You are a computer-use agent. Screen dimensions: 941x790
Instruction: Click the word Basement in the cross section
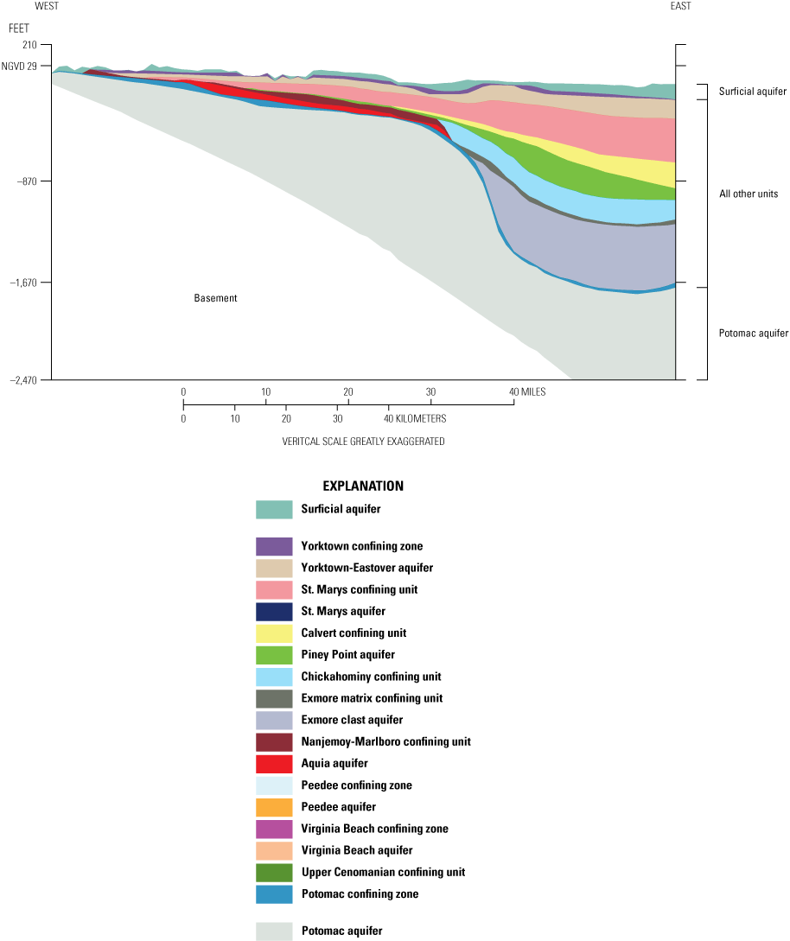point(215,298)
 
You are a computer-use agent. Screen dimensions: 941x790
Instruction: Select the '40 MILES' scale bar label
point(529,392)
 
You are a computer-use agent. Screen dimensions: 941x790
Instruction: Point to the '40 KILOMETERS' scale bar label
point(415,418)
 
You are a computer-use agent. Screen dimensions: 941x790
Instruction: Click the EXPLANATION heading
point(363,486)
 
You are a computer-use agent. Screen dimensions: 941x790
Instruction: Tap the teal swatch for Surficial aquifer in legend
point(274,510)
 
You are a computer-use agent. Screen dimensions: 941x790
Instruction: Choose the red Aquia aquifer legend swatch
point(274,764)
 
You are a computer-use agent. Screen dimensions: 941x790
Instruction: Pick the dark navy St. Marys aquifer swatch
point(274,612)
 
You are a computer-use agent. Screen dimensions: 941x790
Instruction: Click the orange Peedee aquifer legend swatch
point(274,807)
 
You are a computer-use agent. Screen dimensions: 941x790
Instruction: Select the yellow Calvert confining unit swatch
point(274,633)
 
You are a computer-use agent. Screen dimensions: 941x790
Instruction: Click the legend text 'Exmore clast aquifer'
point(352,720)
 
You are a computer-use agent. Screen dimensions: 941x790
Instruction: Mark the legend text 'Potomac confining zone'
point(360,893)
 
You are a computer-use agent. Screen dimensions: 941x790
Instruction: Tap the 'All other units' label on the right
point(749,194)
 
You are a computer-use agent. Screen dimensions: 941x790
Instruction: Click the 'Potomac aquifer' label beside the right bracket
point(754,333)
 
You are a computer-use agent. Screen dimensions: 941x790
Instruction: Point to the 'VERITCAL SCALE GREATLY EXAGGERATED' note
point(363,441)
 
